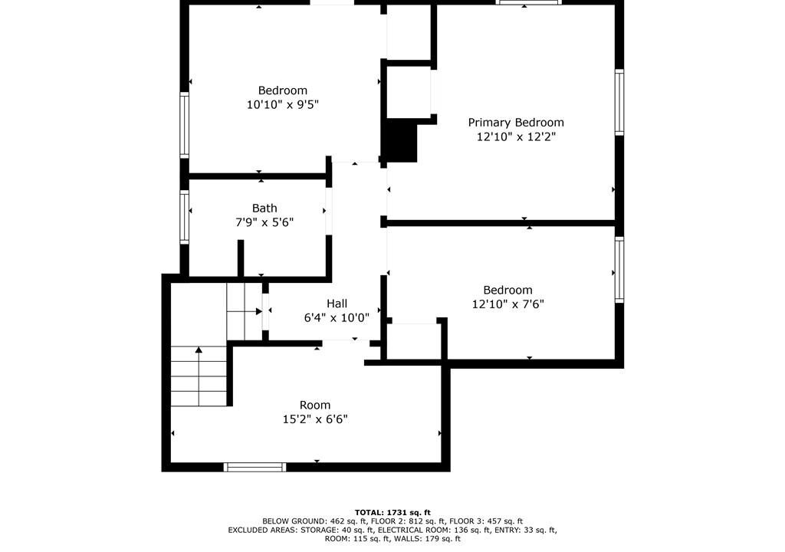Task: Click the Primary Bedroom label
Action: pyautogui.click(x=516, y=123)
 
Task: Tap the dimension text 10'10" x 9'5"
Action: pyautogui.click(x=283, y=105)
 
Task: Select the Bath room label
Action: pyautogui.click(x=264, y=208)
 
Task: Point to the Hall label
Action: pyautogui.click(x=337, y=303)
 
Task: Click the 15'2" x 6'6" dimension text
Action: pyautogui.click(x=315, y=419)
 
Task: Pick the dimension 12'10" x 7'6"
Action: pyautogui.click(x=508, y=304)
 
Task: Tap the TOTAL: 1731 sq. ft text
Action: pyautogui.click(x=392, y=512)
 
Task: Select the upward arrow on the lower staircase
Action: pyautogui.click(x=199, y=376)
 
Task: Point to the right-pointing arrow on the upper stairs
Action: pyautogui.click(x=245, y=311)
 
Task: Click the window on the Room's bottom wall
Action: pyautogui.click(x=255, y=468)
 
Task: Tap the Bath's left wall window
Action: pyautogui.click(x=184, y=218)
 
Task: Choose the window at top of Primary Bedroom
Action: pyautogui.click(x=529, y=2)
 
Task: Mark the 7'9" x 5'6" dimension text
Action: pyautogui.click(x=264, y=222)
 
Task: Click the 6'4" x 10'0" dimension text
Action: pyautogui.click(x=337, y=317)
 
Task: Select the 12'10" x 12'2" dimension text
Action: pyautogui.click(x=516, y=136)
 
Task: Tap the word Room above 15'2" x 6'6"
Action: pyautogui.click(x=315, y=406)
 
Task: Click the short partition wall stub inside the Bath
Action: pyautogui.click(x=240, y=258)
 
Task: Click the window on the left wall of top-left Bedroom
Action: pyautogui.click(x=184, y=125)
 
